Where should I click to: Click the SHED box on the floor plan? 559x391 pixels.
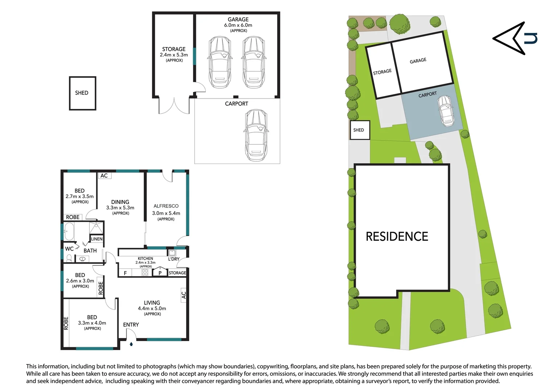(82, 93)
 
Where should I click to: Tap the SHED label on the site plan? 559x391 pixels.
(359, 130)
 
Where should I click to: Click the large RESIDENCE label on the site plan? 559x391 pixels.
(397, 237)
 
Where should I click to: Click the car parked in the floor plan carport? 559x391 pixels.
(256, 135)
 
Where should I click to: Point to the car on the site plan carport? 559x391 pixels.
(445, 110)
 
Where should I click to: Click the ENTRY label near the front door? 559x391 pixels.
(131, 325)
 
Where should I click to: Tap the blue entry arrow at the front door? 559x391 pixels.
(131, 344)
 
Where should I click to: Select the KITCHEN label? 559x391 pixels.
(145, 258)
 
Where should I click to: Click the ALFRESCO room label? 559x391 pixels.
(166, 206)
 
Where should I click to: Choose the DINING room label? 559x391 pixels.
(120, 202)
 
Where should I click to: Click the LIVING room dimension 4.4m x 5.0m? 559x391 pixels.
(152, 308)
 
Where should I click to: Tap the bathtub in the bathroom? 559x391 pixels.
(69, 231)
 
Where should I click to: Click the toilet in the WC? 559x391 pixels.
(69, 258)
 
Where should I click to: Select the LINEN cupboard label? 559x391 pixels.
(97, 239)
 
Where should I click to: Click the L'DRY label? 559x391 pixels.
(174, 259)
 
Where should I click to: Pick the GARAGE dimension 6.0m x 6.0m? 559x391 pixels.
(238, 25)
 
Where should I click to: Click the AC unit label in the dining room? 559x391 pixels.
(104, 176)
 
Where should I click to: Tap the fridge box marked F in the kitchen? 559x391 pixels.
(125, 273)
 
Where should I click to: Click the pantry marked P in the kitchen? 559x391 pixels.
(160, 273)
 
